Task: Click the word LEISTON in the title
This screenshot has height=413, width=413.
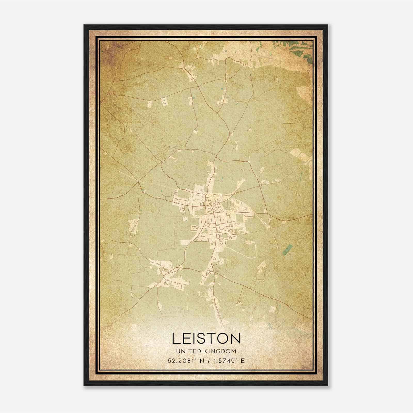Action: [x=206, y=338]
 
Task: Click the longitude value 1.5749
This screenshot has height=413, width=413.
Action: [x=225, y=361]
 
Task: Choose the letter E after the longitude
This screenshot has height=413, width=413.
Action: [x=242, y=361]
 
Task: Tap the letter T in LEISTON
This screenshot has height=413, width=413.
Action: [x=207, y=338]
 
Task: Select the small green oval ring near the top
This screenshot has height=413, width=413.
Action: [x=270, y=54]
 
